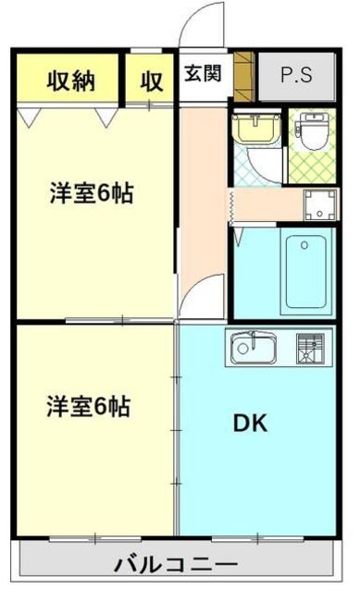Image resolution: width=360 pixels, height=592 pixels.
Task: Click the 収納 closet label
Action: tap(70, 80)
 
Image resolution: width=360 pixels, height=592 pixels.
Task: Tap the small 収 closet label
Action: tap(152, 80)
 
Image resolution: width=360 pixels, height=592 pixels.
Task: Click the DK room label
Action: tap(249, 424)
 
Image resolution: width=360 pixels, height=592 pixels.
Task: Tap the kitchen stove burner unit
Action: tap(308, 348)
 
